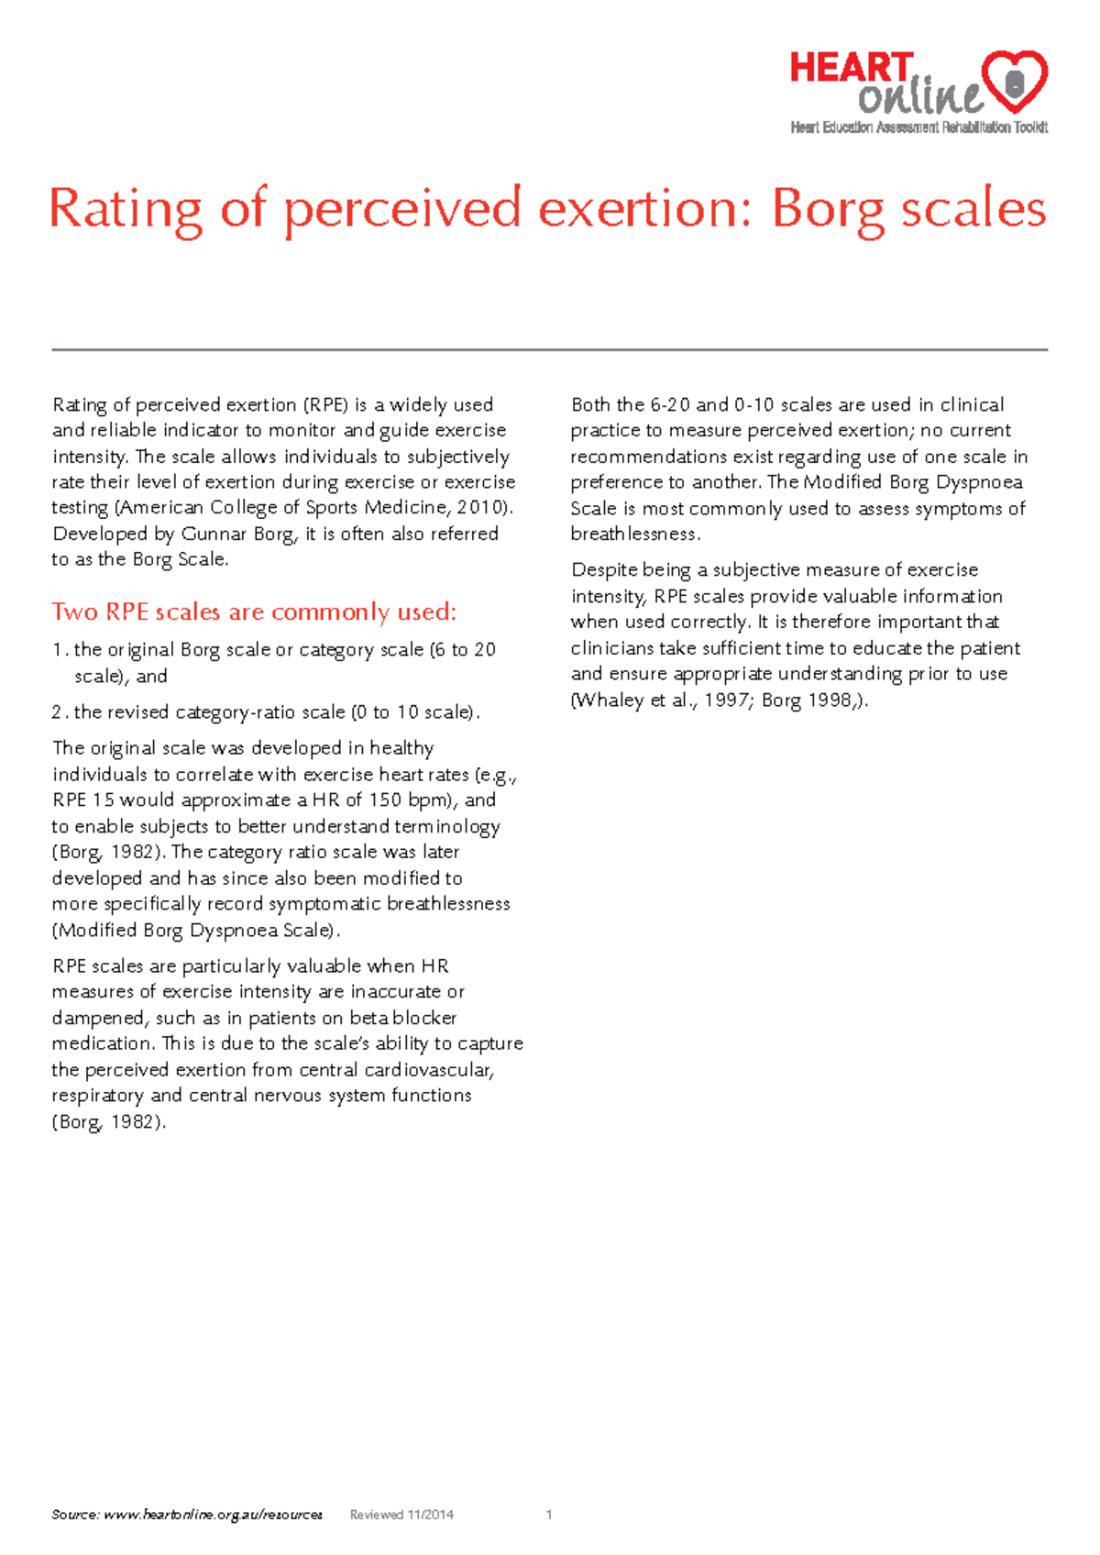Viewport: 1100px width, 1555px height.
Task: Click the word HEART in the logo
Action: (851, 70)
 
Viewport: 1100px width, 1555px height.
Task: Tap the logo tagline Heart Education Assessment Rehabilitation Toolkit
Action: (918, 127)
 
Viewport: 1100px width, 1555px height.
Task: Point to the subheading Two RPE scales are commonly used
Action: (254, 612)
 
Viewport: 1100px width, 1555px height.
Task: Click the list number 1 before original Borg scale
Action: (58, 650)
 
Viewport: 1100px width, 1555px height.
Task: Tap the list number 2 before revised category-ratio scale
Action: (58, 712)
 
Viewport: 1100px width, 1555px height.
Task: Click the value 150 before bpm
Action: (385, 800)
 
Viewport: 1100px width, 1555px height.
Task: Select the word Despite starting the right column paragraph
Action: (603, 570)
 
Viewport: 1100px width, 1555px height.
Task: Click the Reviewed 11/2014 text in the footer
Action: (401, 1515)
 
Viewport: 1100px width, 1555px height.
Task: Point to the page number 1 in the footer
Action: (548, 1515)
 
